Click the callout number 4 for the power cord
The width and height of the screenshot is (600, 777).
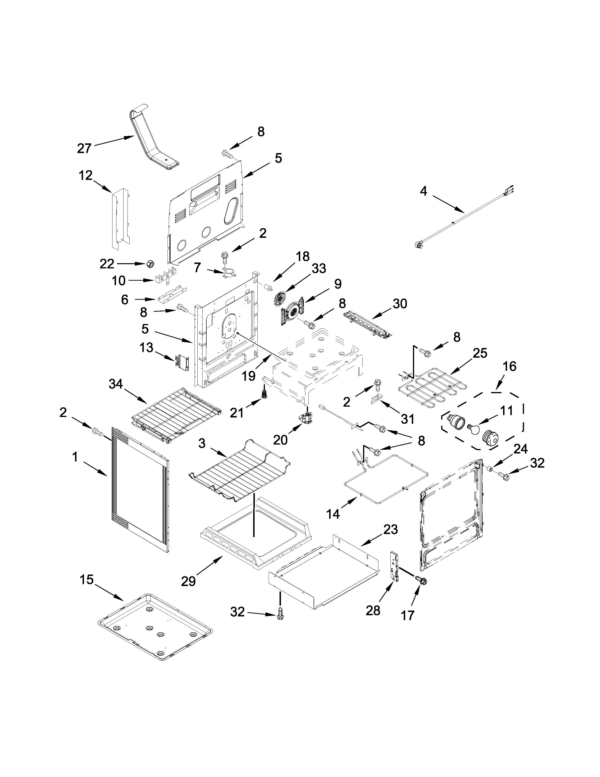pos(423,191)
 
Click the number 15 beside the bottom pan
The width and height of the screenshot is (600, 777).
pos(86,579)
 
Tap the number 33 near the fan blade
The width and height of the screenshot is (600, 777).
pos(319,268)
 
